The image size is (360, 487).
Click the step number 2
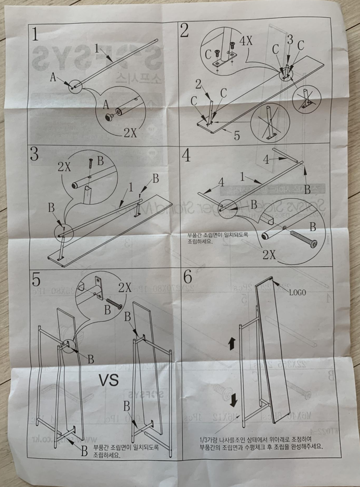[185, 31]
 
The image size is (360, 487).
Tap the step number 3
[34, 154]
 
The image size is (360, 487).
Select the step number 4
[186, 154]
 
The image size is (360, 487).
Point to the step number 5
[36, 280]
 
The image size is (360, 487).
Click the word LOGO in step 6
[297, 292]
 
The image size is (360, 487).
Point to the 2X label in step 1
[130, 133]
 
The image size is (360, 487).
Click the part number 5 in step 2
[237, 135]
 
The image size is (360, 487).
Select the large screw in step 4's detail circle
[304, 239]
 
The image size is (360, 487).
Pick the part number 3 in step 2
[290, 39]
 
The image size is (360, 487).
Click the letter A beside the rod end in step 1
[53, 78]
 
